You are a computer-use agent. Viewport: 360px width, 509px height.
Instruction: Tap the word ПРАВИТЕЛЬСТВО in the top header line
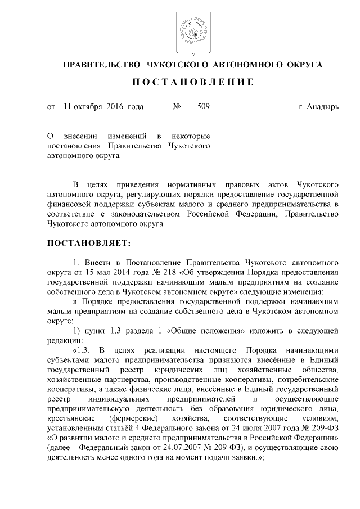pyautogui.click(x=100, y=65)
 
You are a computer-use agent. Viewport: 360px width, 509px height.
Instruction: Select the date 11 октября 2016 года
pyautogui.click(x=104, y=106)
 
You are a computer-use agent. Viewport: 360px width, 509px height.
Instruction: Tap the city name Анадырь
pyautogui.click(x=323, y=106)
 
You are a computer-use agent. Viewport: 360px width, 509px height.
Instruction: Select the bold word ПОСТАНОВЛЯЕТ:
pyautogui.click(x=89, y=244)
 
